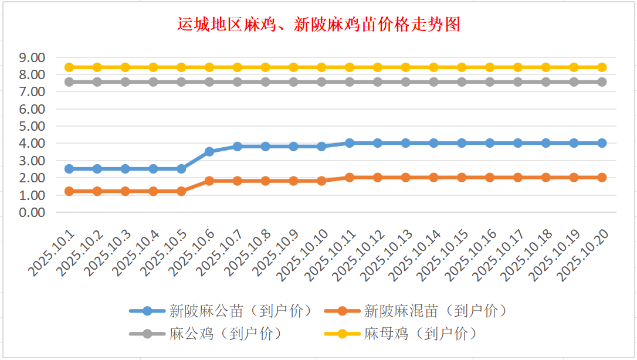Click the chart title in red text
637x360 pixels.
coord(318,25)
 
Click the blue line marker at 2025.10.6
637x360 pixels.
coord(209,151)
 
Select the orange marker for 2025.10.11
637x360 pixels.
coord(350,177)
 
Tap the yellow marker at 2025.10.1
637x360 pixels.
coord(69,67)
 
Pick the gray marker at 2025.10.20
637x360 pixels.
coord(602,82)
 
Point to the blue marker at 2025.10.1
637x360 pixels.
coord(69,169)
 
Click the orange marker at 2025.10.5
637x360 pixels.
coord(181,191)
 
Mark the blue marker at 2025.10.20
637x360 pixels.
coord(602,143)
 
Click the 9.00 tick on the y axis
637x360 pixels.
coord(32,57)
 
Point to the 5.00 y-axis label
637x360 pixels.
coord(32,126)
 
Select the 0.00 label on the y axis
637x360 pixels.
coord(32,212)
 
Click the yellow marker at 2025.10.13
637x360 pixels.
coord(406,67)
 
